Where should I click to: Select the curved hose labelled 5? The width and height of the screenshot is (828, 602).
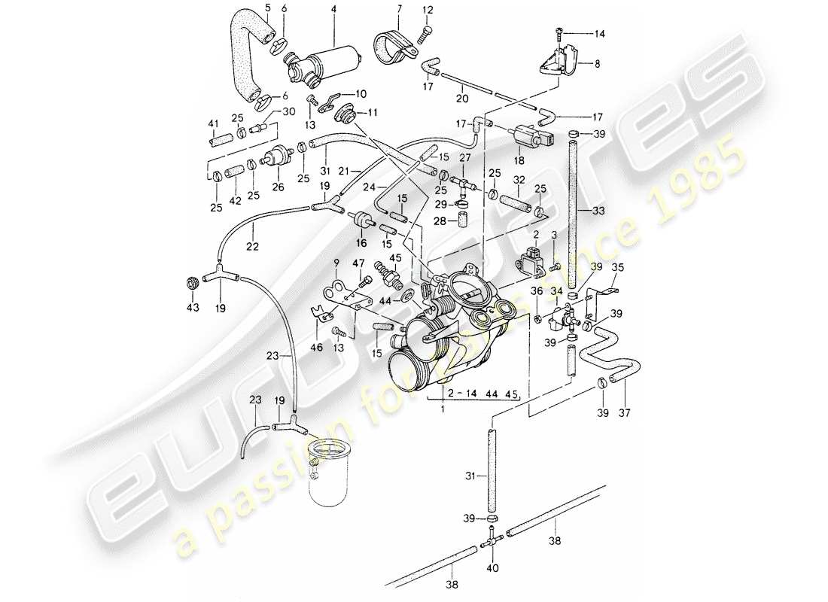coord(242,56)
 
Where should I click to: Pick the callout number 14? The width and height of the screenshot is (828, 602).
coord(600,34)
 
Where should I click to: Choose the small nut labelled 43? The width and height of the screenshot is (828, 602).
coord(191,282)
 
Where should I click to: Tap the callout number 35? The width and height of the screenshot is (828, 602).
coord(617,267)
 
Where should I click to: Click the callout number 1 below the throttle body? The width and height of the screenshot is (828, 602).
coord(443,409)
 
